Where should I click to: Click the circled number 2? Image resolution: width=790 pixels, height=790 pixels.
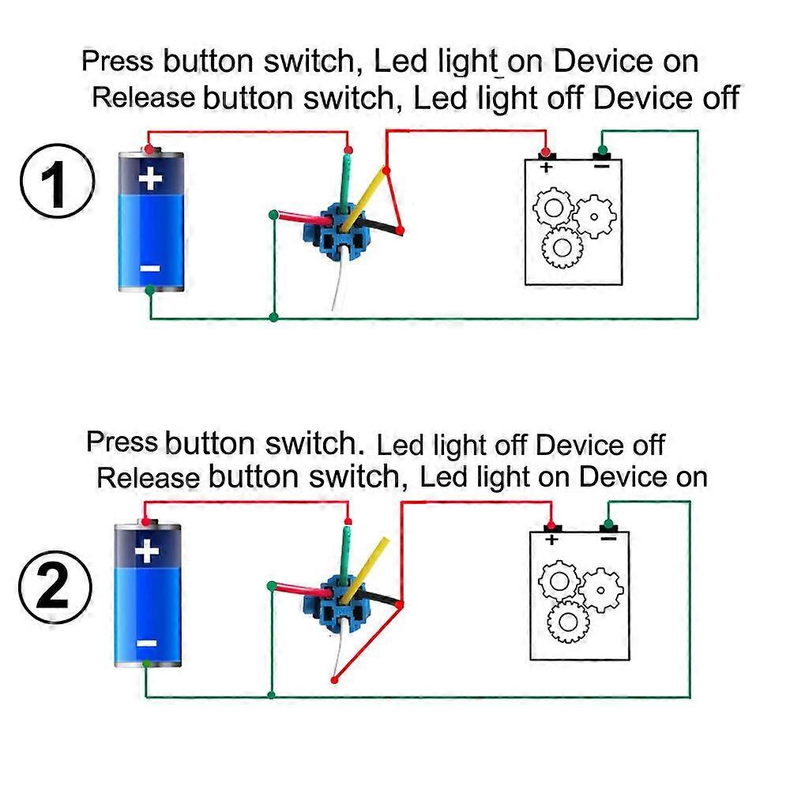[55, 591]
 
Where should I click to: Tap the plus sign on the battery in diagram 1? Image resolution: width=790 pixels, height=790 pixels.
[150, 179]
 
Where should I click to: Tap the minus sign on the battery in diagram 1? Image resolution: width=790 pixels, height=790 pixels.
[150, 269]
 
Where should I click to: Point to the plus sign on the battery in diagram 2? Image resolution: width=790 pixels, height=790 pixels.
[147, 551]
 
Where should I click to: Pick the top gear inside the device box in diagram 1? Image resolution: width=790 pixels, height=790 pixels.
[552, 208]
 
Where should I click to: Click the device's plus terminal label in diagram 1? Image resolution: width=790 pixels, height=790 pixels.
[545, 167]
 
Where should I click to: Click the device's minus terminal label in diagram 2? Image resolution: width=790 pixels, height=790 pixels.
[608, 539]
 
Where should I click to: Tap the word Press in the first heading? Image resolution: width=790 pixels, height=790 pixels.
[119, 60]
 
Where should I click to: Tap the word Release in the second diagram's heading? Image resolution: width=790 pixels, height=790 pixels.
[148, 477]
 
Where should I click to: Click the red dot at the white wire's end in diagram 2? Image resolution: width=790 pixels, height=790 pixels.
[334, 679]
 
